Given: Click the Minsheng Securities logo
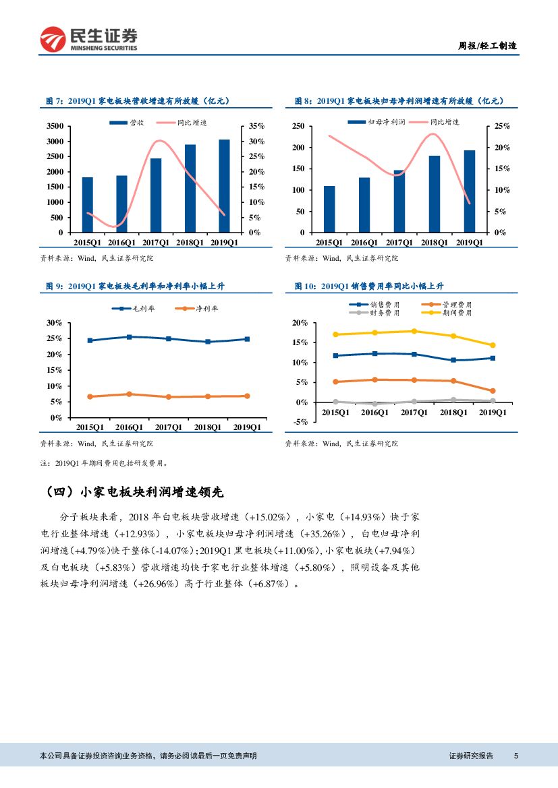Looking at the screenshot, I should pos(89,40).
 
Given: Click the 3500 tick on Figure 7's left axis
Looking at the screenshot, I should pos(55,126).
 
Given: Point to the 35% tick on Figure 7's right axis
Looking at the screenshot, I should pos(256,126).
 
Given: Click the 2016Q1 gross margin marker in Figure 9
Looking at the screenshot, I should pos(129,337).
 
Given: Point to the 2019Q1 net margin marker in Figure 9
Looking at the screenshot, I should pos(247,396).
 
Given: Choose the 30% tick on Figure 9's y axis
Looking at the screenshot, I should pos(53,323).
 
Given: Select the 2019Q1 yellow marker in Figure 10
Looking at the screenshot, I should pos(493,345).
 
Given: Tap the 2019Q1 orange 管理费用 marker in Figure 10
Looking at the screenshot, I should pos(493,391).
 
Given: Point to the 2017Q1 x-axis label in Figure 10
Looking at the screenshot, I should pos(414,412).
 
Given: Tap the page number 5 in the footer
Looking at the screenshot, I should pos(516,756).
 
